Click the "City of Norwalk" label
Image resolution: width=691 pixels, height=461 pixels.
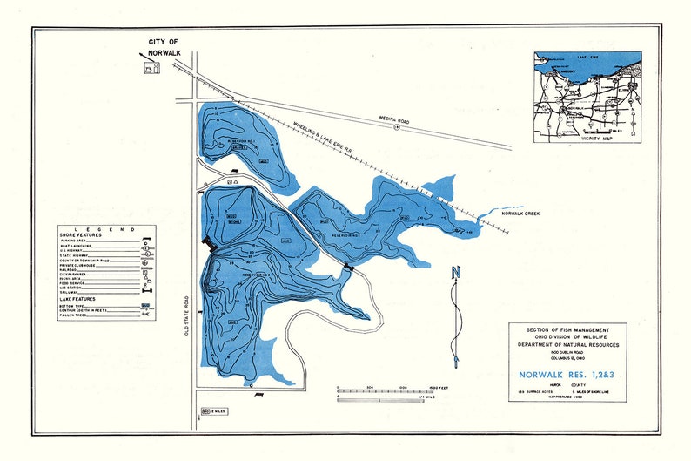pos(163,46)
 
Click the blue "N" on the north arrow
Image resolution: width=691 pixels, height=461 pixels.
pos(455,273)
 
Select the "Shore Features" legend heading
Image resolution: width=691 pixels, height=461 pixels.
pos(81,234)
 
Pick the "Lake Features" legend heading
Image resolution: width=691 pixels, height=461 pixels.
pos(79,299)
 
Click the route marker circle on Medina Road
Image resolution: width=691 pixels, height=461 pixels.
pos(396,127)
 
